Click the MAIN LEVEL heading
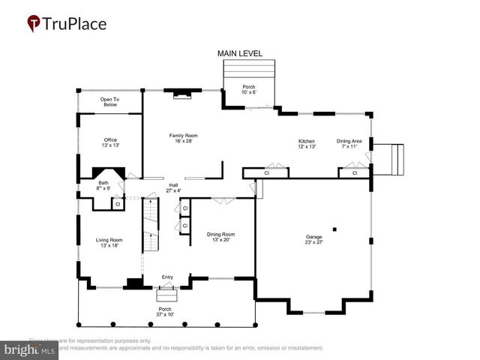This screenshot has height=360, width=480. click(240, 54)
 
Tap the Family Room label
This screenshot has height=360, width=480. click(183, 138)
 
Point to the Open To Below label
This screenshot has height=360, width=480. click(110, 102)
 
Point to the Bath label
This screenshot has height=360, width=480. click(103, 185)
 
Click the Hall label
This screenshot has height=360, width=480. click(173, 187)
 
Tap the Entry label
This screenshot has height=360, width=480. click(167, 277)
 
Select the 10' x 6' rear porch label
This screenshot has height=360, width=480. click(248, 90)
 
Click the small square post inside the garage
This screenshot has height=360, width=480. click(335, 229)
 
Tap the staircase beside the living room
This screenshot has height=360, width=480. click(151, 229)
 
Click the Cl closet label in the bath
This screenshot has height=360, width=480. click(117, 204)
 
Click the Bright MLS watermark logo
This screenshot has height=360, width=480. click(30, 349)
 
